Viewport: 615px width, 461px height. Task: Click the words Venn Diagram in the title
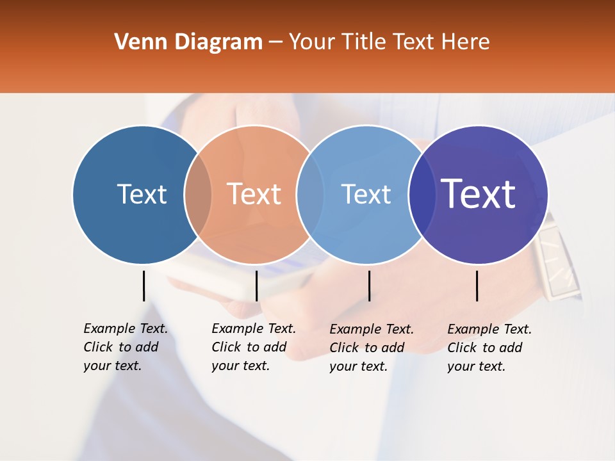tap(188, 42)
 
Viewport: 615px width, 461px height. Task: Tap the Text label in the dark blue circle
tap(142, 194)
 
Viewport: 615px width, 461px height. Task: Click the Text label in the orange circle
tap(254, 194)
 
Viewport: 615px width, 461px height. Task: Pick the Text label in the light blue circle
tap(366, 194)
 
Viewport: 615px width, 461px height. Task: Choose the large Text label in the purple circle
tap(479, 193)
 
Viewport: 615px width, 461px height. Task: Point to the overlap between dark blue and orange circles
tap(197, 194)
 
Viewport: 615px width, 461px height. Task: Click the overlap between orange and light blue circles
tap(310, 194)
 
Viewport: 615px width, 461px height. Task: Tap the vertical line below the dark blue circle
tap(143, 286)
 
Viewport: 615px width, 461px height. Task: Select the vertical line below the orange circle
tap(256, 286)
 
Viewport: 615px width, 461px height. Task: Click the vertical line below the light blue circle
tap(369, 286)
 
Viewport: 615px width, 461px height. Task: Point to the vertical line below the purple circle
tap(477, 286)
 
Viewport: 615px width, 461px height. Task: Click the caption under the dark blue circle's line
tap(125, 347)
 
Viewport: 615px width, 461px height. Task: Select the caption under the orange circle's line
tap(253, 347)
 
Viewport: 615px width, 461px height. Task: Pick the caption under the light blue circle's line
tap(371, 348)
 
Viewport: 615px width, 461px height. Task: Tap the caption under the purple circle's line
tap(489, 348)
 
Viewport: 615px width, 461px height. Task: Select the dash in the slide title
tap(275, 43)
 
